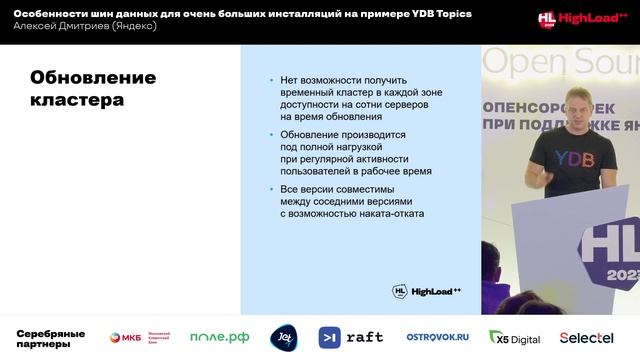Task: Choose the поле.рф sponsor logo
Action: coord(219,337)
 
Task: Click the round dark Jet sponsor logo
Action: coord(283,337)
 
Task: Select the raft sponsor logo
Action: coord(351,337)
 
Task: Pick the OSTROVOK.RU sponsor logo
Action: coord(437,337)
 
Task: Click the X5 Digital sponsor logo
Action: coord(514,337)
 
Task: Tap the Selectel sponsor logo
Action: coord(586,337)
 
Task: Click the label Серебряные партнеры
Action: coord(50,338)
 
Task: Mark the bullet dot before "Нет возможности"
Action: coord(270,79)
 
